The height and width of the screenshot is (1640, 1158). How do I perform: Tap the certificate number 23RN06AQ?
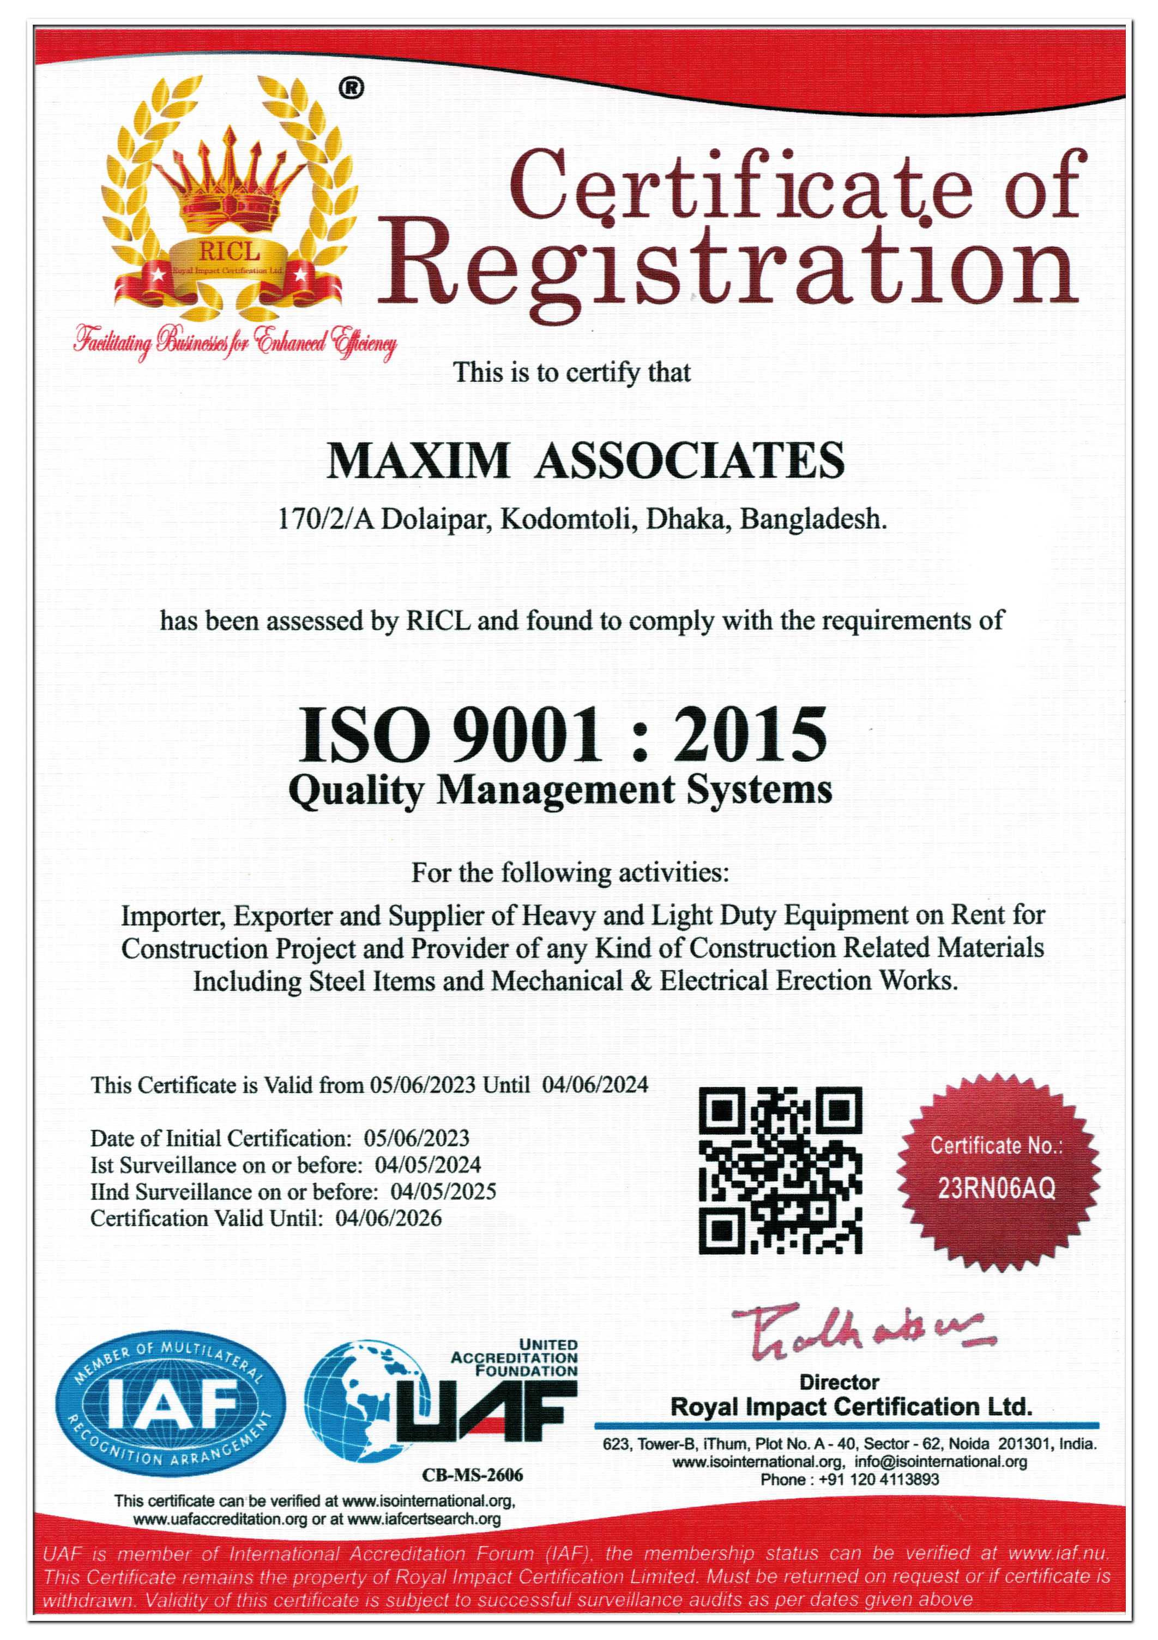click(x=996, y=1189)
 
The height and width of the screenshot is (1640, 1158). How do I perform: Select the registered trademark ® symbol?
click(x=351, y=88)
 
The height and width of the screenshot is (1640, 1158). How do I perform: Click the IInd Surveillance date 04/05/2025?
click(x=443, y=1192)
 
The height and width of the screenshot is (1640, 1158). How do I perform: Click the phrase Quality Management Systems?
click(x=560, y=791)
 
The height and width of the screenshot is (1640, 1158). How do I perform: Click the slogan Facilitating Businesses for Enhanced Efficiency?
click(x=235, y=344)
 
